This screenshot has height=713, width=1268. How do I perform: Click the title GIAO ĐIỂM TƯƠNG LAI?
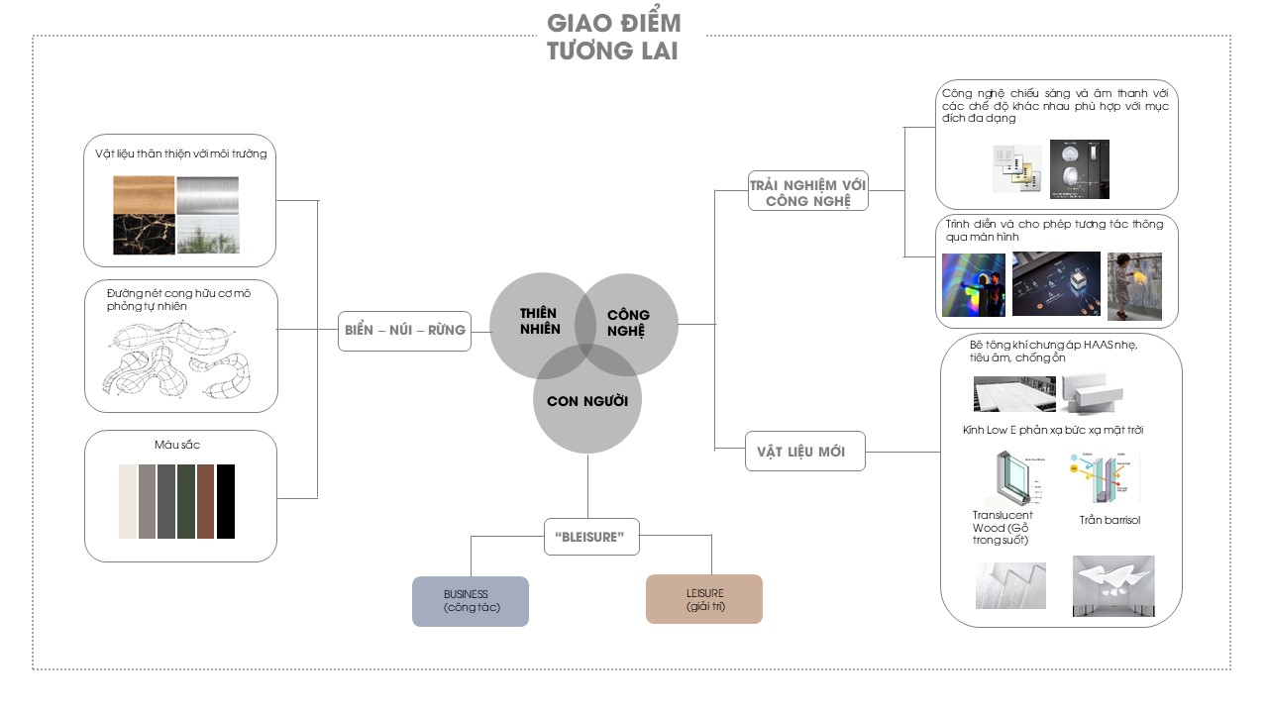pyautogui.click(x=613, y=37)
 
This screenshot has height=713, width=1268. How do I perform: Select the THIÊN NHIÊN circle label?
pyautogui.click(x=540, y=321)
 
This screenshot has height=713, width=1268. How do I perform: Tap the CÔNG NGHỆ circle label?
pyautogui.click(x=628, y=323)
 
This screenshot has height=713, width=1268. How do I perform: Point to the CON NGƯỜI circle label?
pyautogui.click(x=586, y=401)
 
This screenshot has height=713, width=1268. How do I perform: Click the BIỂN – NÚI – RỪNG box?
pyautogui.click(x=404, y=330)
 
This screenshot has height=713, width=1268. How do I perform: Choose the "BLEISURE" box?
pyautogui.click(x=591, y=536)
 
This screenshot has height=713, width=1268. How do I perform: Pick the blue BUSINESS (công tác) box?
pyautogui.click(x=471, y=601)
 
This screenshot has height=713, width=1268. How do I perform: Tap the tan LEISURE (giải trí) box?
pyautogui.click(x=704, y=599)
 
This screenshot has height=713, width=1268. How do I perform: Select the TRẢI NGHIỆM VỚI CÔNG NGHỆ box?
pyautogui.click(x=808, y=191)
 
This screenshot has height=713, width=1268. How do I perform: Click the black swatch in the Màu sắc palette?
pyautogui.click(x=226, y=501)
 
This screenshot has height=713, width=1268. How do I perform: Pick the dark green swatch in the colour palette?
pyautogui.click(x=186, y=501)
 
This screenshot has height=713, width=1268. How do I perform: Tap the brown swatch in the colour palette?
pyautogui.click(x=206, y=501)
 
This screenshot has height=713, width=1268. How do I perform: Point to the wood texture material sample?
pyautogui.click(x=144, y=195)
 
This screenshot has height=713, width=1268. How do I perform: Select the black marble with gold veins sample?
pyautogui.click(x=144, y=235)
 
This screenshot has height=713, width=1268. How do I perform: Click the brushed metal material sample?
pyautogui.click(x=207, y=195)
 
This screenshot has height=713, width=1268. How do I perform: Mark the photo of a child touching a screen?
pyautogui.click(x=1133, y=286)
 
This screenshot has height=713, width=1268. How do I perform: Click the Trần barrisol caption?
pyautogui.click(x=1109, y=520)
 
